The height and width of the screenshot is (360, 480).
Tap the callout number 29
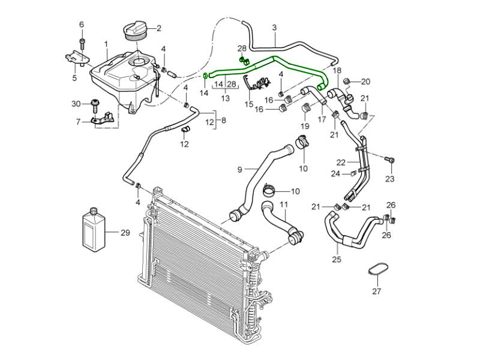click(125, 232)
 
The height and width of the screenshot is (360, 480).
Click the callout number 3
click(274, 28)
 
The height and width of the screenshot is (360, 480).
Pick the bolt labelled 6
click(82, 43)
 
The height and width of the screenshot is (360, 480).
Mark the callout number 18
click(337, 70)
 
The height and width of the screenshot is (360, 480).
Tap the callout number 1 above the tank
click(106, 44)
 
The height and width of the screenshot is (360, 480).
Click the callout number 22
click(341, 161)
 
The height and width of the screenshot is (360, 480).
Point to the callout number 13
click(226, 98)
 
